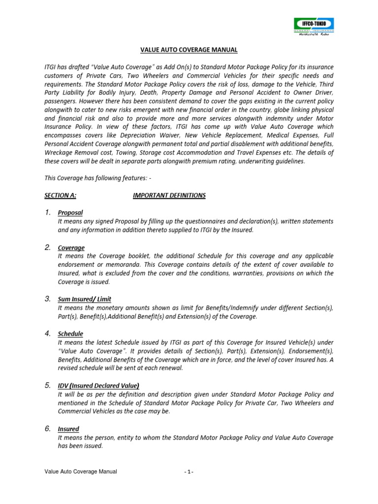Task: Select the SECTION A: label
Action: coord(61,195)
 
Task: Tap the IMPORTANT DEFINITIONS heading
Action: coord(169,195)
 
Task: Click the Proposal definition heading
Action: coord(70,213)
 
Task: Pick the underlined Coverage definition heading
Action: coord(71,248)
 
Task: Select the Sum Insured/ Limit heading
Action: coord(85,299)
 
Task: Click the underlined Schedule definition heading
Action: coord(70,334)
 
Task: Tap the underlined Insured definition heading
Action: coord(68,429)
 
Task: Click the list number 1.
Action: coord(48,213)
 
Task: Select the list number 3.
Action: coord(48,299)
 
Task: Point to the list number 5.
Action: coord(48,385)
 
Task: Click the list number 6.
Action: coord(48,429)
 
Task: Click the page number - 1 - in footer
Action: coord(189,472)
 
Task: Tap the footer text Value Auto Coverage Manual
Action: coord(81,472)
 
